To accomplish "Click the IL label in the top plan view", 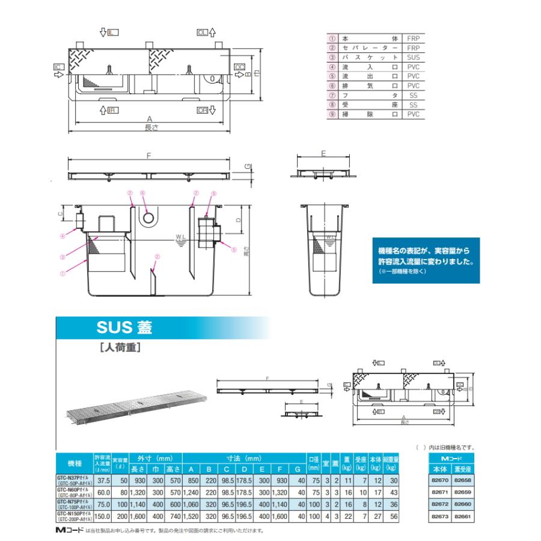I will pos(112,31).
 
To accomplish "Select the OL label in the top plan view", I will pos(203,31).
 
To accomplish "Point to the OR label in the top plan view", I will pos(202,111).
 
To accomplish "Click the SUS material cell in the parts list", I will pos(412,57).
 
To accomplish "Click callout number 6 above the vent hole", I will pos(142,193).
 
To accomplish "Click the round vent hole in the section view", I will pos(148,217).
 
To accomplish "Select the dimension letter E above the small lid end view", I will pos(323,154).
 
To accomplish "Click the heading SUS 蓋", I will pos(124,328).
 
